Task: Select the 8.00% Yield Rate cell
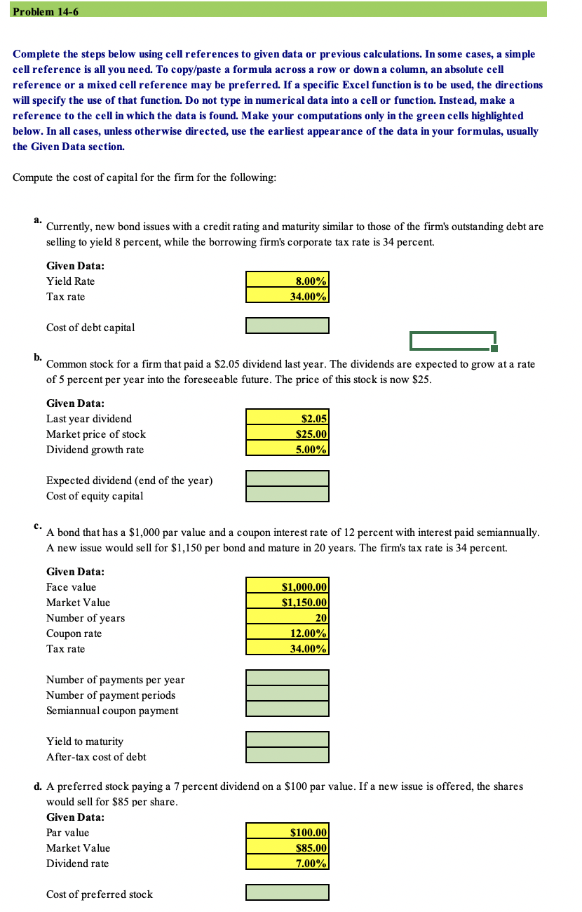click(x=287, y=281)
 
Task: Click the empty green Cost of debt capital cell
click(x=287, y=326)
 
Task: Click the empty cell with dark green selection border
click(x=453, y=340)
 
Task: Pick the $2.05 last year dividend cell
click(x=287, y=418)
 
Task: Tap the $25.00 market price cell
click(x=287, y=434)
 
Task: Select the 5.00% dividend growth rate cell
click(x=287, y=449)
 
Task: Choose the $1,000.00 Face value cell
click(x=287, y=586)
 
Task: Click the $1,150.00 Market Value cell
click(x=287, y=602)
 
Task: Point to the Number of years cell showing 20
click(x=287, y=617)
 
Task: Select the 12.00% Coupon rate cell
click(x=287, y=633)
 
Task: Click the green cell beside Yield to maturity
click(x=287, y=739)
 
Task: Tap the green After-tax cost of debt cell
click(x=287, y=755)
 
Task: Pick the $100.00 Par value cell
click(x=287, y=832)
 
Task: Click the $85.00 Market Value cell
click(x=287, y=847)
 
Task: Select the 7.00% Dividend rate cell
click(x=287, y=863)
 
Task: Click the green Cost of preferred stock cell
click(x=287, y=893)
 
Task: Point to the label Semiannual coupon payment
click(x=112, y=711)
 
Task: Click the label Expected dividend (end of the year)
click(x=129, y=481)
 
